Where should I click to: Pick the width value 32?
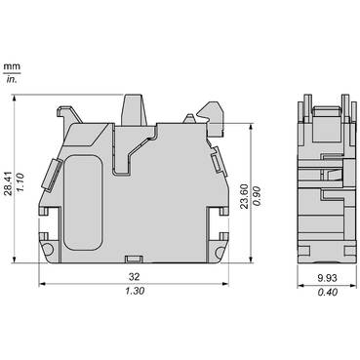click(131, 276)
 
